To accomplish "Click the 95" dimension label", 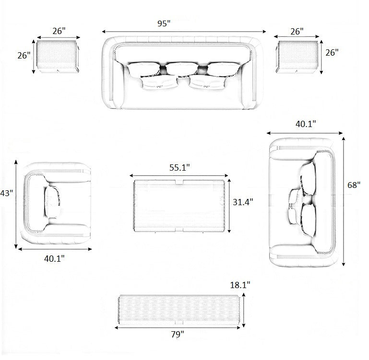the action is [x=164, y=23].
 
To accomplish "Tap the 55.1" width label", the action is [x=179, y=167].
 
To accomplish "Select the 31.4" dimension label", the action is [x=243, y=202].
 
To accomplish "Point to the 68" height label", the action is [x=354, y=185].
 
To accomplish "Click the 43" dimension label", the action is [x=7, y=193].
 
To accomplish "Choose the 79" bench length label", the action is [x=178, y=334].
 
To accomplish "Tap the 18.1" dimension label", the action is [x=240, y=285].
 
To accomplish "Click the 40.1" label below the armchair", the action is [x=54, y=259].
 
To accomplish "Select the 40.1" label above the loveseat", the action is [x=306, y=124].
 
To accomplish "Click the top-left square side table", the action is [x=58, y=56].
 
